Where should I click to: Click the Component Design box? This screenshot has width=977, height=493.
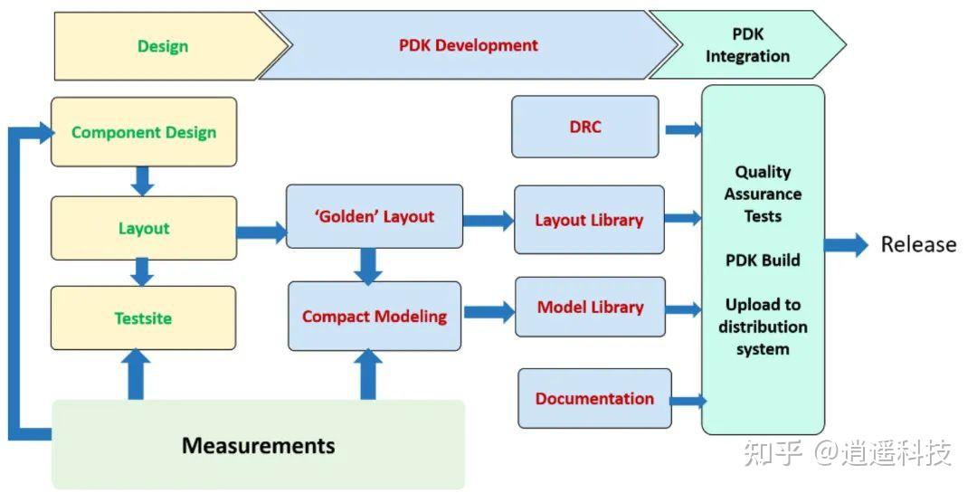(x=144, y=132)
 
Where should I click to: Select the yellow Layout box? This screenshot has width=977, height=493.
(x=144, y=228)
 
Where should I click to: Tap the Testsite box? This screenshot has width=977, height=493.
(x=143, y=318)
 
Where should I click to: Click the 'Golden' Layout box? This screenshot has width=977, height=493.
(x=375, y=217)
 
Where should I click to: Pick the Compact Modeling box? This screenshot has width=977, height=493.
(x=375, y=316)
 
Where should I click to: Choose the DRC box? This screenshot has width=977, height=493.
(x=585, y=127)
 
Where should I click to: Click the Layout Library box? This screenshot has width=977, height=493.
(x=589, y=220)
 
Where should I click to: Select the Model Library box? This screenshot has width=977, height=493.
(x=590, y=308)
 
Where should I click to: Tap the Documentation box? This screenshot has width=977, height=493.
(x=594, y=398)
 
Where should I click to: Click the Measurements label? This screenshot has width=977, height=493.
(x=258, y=445)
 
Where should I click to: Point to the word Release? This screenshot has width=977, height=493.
(x=918, y=244)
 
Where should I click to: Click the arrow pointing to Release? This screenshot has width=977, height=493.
(x=846, y=244)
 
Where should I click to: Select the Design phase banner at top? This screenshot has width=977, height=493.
(x=163, y=46)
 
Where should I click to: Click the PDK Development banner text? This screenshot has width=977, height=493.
(x=469, y=45)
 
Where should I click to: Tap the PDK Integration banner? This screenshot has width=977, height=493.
(x=747, y=45)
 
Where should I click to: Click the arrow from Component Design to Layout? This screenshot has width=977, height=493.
(x=142, y=180)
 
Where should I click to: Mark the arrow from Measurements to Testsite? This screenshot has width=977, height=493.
(x=136, y=374)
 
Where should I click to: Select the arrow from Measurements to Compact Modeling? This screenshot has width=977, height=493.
(x=368, y=374)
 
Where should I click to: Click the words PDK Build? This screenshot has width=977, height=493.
(x=763, y=261)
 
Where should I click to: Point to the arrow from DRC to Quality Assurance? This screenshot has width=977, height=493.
(x=683, y=129)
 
